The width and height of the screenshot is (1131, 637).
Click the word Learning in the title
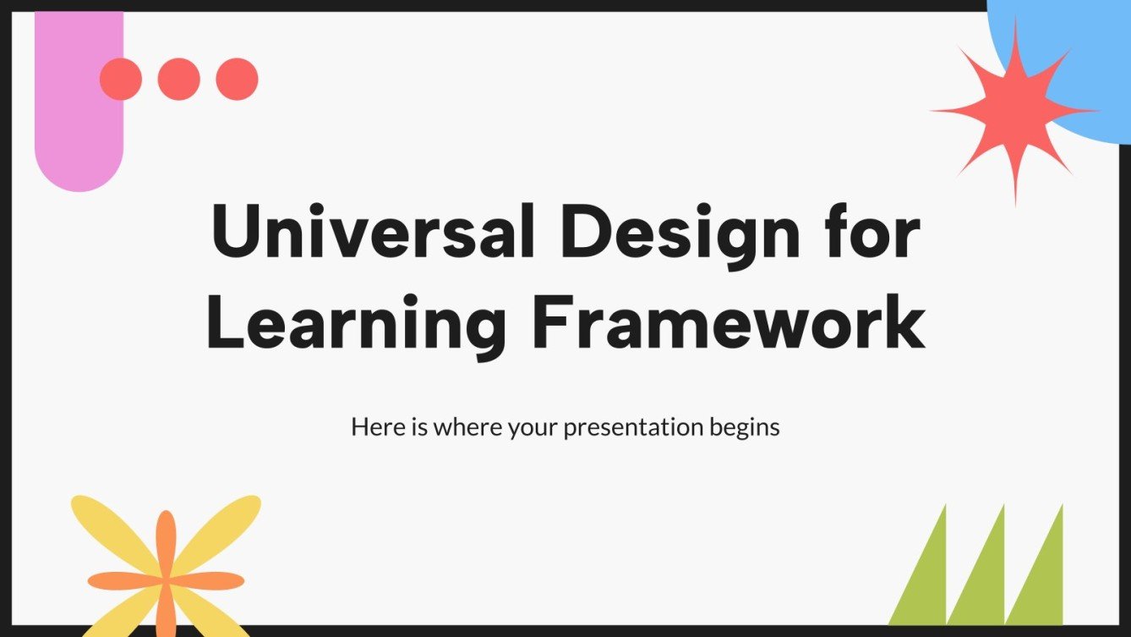click(x=355, y=324)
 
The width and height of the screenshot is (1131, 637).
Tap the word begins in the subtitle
click(x=744, y=428)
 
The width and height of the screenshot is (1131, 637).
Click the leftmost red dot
click(x=121, y=80)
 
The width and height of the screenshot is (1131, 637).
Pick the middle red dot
click(x=179, y=80)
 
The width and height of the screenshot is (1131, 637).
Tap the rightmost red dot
click(x=237, y=80)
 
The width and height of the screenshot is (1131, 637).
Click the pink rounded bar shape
click(x=79, y=127)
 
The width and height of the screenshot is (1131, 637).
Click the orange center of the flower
click(x=167, y=580)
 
